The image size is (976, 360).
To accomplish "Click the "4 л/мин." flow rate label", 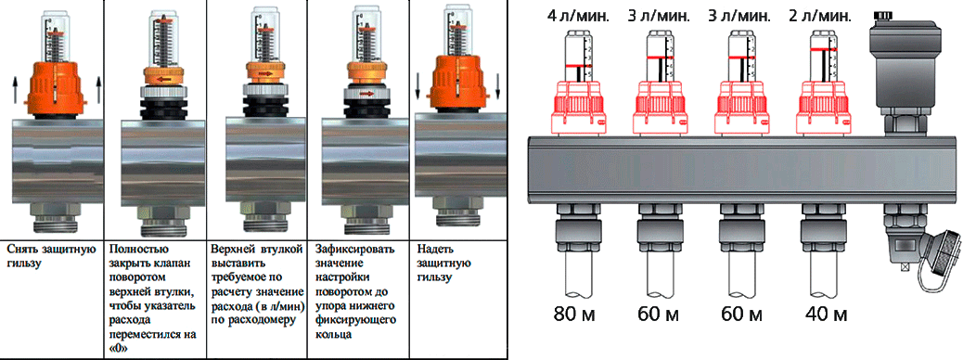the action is (x=572, y=16).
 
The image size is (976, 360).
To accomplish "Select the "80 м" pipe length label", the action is (x=574, y=314).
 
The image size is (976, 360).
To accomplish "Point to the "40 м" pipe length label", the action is (x=826, y=314).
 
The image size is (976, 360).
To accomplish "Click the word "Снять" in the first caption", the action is (x=22, y=250).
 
